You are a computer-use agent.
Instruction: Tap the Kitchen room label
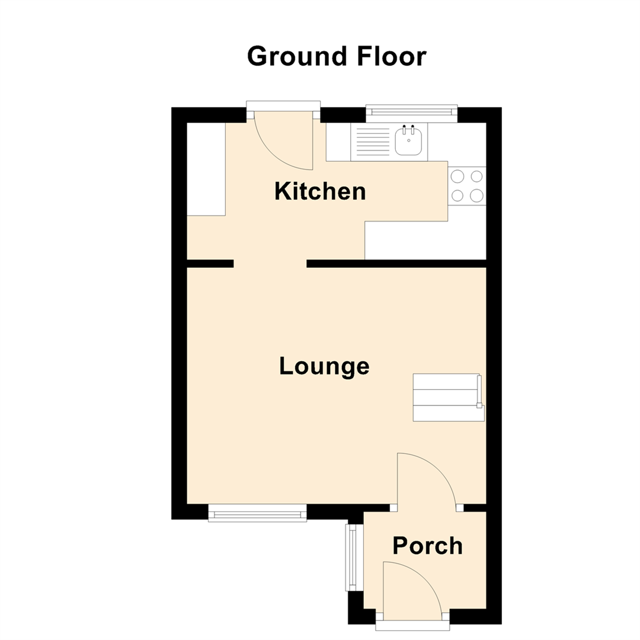[x=320, y=191]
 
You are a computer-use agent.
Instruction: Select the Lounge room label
[x=324, y=366]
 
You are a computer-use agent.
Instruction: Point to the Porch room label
[x=428, y=545]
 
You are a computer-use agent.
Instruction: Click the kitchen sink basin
[x=408, y=143]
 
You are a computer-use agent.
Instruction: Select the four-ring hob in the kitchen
[x=467, y=185]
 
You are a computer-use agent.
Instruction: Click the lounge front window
[x=257, y=513]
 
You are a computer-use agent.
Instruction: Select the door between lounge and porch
[x=427, y=480]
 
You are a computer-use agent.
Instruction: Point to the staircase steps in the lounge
[x=447, y=398]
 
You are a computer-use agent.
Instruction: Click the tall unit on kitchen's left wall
[x=206, y=169]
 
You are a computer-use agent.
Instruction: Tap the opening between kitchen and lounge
[x=270, y=264]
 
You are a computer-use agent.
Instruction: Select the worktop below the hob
[x=425, y=240]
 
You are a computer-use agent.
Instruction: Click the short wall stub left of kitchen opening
[x=210, y=264]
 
